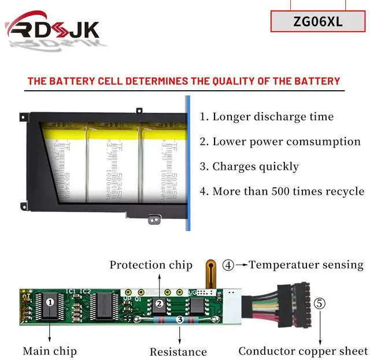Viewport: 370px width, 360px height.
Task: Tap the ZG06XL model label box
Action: click(x=317, y=23)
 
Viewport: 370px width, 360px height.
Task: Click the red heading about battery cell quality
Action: click(x=184, y=81)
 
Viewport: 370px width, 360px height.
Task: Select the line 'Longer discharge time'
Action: click(x=267, y=117)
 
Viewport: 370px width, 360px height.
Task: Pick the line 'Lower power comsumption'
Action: click(x=280, y=142)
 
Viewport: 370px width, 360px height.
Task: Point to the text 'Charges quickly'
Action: click(x=249, y=166)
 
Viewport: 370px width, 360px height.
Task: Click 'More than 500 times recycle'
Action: click(x=282, y=191)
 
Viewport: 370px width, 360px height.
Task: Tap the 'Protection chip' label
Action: click(x=151, y=265)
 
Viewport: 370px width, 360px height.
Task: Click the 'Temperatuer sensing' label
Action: click(x=306, y=265)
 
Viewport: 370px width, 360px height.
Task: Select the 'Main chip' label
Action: click(x=50, y=351)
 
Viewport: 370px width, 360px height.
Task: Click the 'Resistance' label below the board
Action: click(x=178, y=352)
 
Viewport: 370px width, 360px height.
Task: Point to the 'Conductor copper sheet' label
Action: click(x=303, y=351)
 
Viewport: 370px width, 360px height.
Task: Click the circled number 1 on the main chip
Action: click(x=50, y=302)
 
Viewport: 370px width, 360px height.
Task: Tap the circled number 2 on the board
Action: click(x=158, y=303)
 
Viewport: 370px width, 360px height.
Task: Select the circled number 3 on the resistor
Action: click(x=180, y=319)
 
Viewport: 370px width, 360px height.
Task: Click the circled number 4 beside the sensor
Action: click(x=228, y=265)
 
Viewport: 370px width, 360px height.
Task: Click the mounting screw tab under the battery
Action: click(x=154, y=220)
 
